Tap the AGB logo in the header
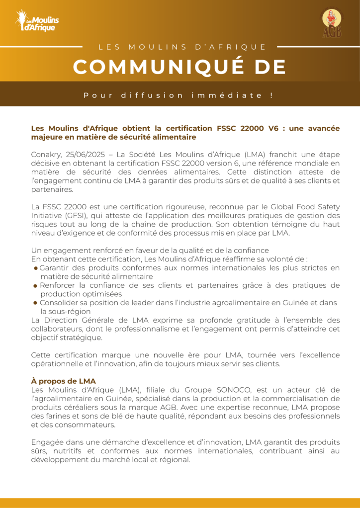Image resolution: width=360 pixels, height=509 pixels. pos(332,23)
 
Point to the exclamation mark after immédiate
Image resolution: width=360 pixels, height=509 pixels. pos(271,95)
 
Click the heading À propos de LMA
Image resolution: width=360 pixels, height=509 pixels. pos(63,381)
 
